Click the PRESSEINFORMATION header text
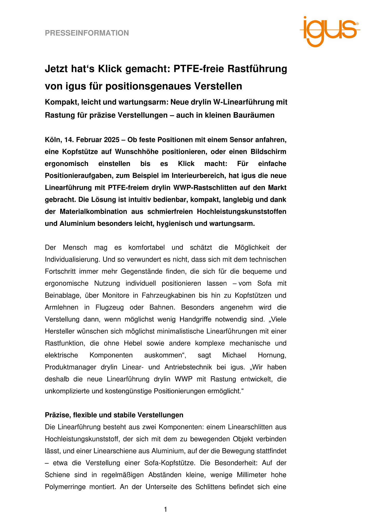87,33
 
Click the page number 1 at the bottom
165,510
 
